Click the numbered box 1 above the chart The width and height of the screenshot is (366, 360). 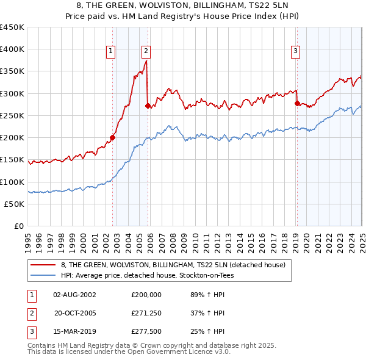tap(111, 52)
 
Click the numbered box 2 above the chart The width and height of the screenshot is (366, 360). tap(147, 52)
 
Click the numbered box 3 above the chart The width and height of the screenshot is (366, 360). tap(295, 52)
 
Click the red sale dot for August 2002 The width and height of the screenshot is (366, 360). tap(113, 137)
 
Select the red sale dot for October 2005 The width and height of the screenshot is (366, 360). tap(148, 106)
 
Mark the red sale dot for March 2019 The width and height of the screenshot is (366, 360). tap(297, 103)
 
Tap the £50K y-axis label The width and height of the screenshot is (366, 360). tap(15, 204)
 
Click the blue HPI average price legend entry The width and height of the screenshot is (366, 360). tap(147, 276)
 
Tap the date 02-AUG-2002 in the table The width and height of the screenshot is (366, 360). tap(75, 294)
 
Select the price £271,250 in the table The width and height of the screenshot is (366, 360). tap(146, 313)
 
